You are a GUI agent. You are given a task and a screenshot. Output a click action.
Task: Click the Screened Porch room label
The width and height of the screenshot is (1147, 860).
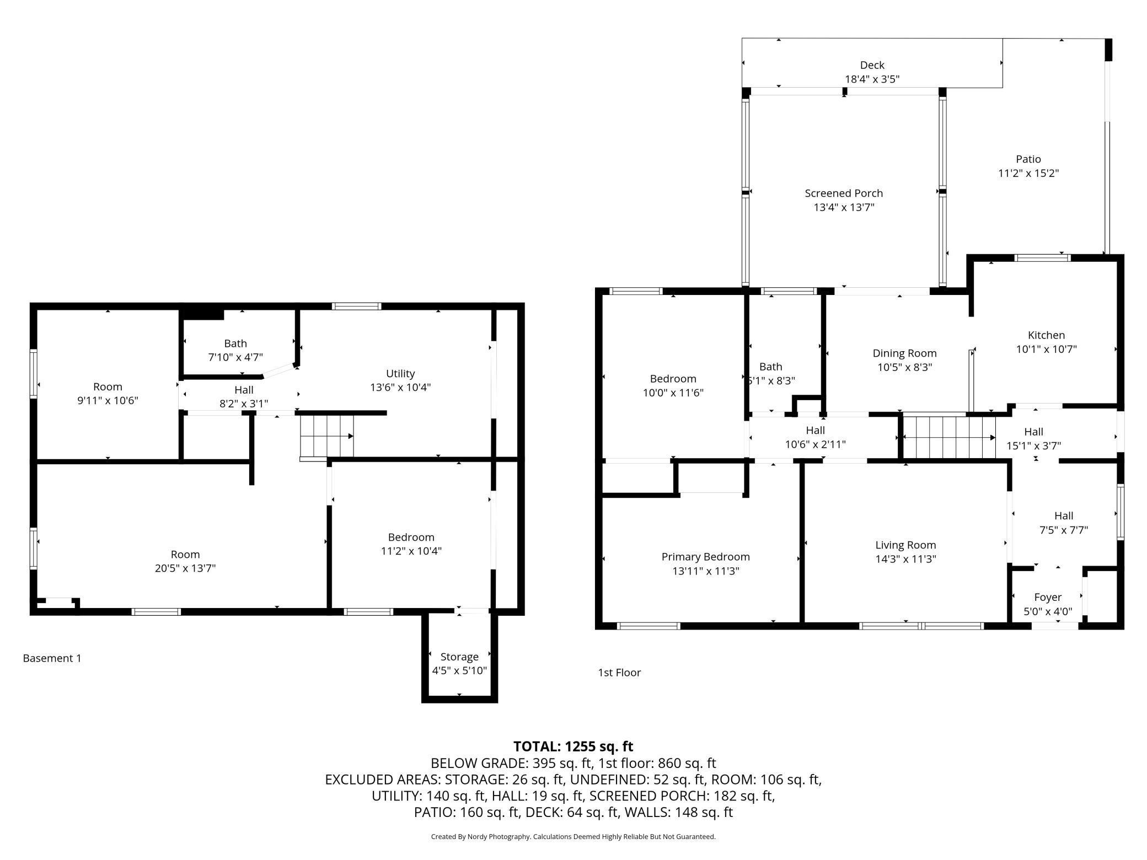tap(844, 193)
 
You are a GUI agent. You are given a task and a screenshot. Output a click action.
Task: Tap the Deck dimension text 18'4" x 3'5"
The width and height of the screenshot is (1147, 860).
tap(872, 79)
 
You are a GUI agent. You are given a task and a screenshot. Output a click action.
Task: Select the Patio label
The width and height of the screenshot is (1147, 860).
tap(1028, 159)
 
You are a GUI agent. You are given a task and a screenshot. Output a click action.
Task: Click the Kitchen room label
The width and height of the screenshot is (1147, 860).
tap(1046, 335)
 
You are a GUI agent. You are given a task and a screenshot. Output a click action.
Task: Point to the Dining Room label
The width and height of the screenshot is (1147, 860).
tap(904, 353)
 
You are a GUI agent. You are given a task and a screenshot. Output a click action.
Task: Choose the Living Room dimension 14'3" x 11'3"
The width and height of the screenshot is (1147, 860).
tap(905, 559)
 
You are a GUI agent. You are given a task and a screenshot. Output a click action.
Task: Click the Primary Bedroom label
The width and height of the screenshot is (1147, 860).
tap(705, 557)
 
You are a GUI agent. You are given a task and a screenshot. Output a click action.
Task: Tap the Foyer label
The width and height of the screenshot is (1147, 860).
tap(1048, 597)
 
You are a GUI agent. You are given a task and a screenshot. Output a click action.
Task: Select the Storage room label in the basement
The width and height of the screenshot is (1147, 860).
tap(459, 657)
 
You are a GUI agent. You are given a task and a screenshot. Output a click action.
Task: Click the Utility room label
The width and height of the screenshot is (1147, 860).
tap(400, 373)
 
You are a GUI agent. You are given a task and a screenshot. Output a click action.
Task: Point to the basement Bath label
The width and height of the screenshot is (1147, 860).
tap(235, 343)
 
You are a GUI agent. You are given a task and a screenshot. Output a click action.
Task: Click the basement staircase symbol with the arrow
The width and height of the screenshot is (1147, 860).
tap(326, 437)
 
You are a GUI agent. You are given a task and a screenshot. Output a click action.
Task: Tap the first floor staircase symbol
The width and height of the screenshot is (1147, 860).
tap(948, 437)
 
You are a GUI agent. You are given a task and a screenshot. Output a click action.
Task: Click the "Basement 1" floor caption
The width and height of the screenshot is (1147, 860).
tap(52, 658)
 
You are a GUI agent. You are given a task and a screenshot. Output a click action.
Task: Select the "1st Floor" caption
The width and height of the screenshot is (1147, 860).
tap(619, 673)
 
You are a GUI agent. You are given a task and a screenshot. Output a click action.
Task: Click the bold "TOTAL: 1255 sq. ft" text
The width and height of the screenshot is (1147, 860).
tap(573, 746)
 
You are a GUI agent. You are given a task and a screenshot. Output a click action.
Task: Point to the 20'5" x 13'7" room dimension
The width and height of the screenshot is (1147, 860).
tap(185, 568)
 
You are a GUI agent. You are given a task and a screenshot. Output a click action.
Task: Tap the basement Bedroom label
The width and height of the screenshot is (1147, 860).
tap(411, 537)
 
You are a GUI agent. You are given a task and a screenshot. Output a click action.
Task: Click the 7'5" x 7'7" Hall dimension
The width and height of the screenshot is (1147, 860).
tap(1063, 530)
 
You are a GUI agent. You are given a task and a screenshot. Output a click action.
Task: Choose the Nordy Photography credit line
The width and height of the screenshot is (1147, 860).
tap(573, 837)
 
